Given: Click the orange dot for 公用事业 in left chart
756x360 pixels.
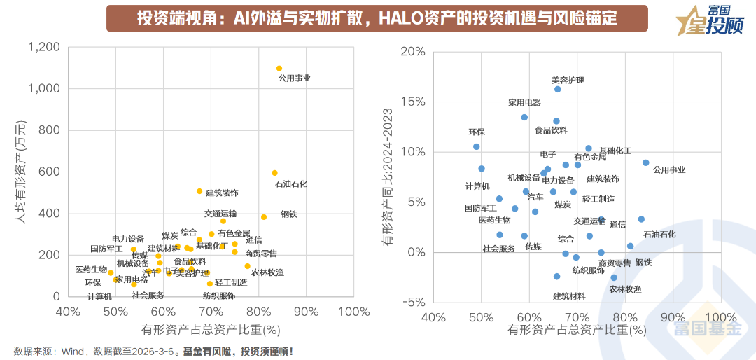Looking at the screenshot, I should click(x=279, y=69).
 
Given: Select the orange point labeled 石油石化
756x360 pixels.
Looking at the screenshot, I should click(x=274, y=173).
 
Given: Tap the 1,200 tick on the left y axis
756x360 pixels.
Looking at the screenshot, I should click(x=44, y=48).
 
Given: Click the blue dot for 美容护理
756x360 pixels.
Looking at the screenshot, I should click(x=557, y=89).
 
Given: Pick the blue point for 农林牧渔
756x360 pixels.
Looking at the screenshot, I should click(x=614, y=277).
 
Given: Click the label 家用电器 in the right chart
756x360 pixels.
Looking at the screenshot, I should click(x=524, y=103).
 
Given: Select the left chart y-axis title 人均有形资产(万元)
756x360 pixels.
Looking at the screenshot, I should click(x=20, y=172).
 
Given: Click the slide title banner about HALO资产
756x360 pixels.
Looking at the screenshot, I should click(x=377, y=18).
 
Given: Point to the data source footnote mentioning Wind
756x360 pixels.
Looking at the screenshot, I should click(x=153, y=351).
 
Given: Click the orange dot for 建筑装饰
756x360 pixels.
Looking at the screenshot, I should click(x=199, y=191).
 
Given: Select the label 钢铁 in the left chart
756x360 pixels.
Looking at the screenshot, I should click(x=289, y=215).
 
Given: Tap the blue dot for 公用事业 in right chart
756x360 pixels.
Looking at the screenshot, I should click(x=645, y=162).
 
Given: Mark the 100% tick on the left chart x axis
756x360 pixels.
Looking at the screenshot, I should click(x=354, y=311).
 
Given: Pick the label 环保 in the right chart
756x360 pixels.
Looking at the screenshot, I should click(x=476, y=132).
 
